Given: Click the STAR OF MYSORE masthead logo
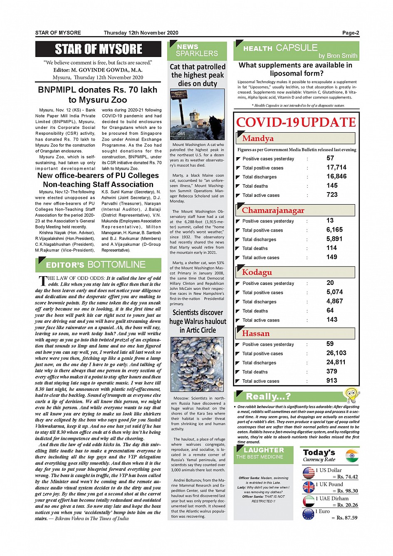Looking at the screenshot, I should (98, 49).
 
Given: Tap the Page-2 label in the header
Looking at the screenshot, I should (350, 33).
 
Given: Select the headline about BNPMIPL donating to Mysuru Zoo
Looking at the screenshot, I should (98, 95).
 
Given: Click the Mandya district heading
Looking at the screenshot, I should (258, 138).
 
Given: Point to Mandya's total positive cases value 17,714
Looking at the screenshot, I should (336, 168).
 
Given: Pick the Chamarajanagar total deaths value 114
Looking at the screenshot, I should (331, 248).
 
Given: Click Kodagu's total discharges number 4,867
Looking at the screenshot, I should (334, 301).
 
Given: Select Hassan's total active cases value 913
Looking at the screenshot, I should (331, 381).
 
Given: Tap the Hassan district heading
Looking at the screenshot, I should (256, 334).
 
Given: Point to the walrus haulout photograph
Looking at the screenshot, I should (197, 364).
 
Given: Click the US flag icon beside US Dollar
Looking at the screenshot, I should (309, 473).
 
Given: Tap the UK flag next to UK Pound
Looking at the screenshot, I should (309, 487).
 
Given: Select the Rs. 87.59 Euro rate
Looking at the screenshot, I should (347, 518).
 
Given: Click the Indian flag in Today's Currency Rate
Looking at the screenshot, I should (352, 455).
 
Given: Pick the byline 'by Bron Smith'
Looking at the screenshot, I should (338, 56).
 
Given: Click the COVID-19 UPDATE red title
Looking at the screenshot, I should (296, 122).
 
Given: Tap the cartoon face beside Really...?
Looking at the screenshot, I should (351, 395).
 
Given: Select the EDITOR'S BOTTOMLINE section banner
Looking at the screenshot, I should (98, 265).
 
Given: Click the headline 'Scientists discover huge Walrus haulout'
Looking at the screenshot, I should (198, 321).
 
